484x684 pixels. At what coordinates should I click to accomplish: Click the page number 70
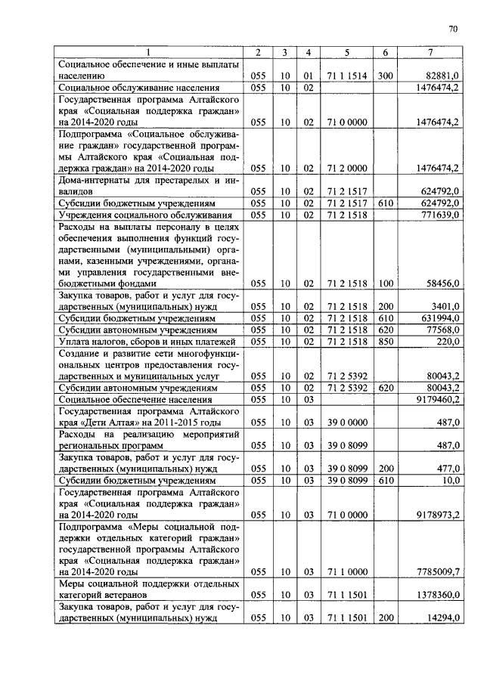tap(453, 29)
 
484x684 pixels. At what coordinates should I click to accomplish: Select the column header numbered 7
tap(430, 52)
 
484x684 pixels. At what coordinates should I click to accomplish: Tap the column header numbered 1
tap(148, 52)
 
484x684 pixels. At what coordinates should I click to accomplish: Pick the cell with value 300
tap(385, 76)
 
